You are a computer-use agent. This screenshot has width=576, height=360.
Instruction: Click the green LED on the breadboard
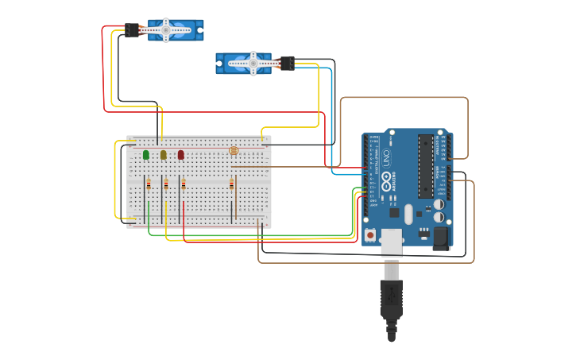146,155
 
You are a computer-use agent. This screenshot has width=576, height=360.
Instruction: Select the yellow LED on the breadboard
164,155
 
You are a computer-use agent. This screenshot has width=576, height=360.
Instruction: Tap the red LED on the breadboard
181,155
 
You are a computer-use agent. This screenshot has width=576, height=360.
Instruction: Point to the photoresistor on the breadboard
234,150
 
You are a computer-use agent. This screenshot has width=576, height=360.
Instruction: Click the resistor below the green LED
147,185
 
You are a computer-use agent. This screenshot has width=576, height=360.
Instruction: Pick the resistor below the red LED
184,185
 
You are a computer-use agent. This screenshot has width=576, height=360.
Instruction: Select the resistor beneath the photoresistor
232,185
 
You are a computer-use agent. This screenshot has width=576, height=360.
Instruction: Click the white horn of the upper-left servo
166,30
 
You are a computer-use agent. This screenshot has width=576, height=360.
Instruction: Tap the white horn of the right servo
253,63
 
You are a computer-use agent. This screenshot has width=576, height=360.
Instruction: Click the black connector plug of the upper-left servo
132,31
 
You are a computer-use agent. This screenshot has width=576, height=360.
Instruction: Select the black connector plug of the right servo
287,63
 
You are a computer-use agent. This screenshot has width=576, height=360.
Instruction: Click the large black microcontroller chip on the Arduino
426,166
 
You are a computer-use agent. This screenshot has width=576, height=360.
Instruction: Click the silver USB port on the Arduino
392,242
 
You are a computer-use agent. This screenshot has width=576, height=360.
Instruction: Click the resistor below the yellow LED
166,185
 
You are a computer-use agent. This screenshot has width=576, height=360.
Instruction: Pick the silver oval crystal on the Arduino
408,214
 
